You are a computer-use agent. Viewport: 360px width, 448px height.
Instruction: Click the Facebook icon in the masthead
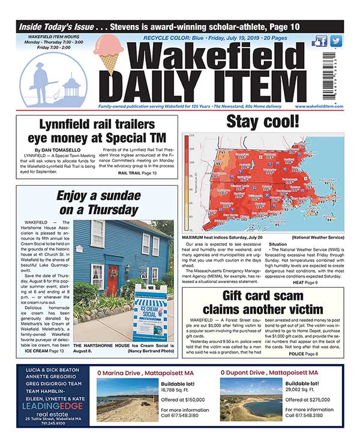coord(320,41)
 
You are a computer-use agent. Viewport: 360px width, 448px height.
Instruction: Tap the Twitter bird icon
coord(336,41)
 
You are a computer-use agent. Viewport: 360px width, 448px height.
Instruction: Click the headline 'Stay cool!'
coord(262,122)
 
